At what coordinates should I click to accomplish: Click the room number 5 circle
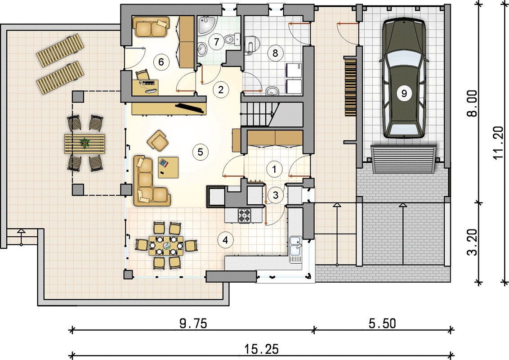[200, 152]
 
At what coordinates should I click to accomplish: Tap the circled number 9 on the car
[404, 94]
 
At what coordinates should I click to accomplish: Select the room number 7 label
[216, 41]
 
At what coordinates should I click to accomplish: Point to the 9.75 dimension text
[193, 323]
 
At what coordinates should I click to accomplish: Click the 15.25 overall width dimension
[261, 349]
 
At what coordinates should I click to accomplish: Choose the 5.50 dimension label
[382, 323]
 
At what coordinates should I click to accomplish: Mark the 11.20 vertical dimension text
[498, 143]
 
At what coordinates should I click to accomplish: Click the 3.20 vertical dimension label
[473, 242]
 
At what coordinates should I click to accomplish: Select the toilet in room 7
[232, 39]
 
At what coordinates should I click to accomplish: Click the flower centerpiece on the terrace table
[85, 142]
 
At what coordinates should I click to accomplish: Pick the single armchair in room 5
[158, 141]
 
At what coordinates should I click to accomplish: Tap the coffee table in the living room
[168, 167]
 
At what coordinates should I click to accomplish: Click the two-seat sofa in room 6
[151, 27]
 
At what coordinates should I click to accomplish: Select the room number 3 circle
[276, 195]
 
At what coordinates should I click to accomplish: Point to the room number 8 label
[275, 53]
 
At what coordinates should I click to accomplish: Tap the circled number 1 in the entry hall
[274, 169]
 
